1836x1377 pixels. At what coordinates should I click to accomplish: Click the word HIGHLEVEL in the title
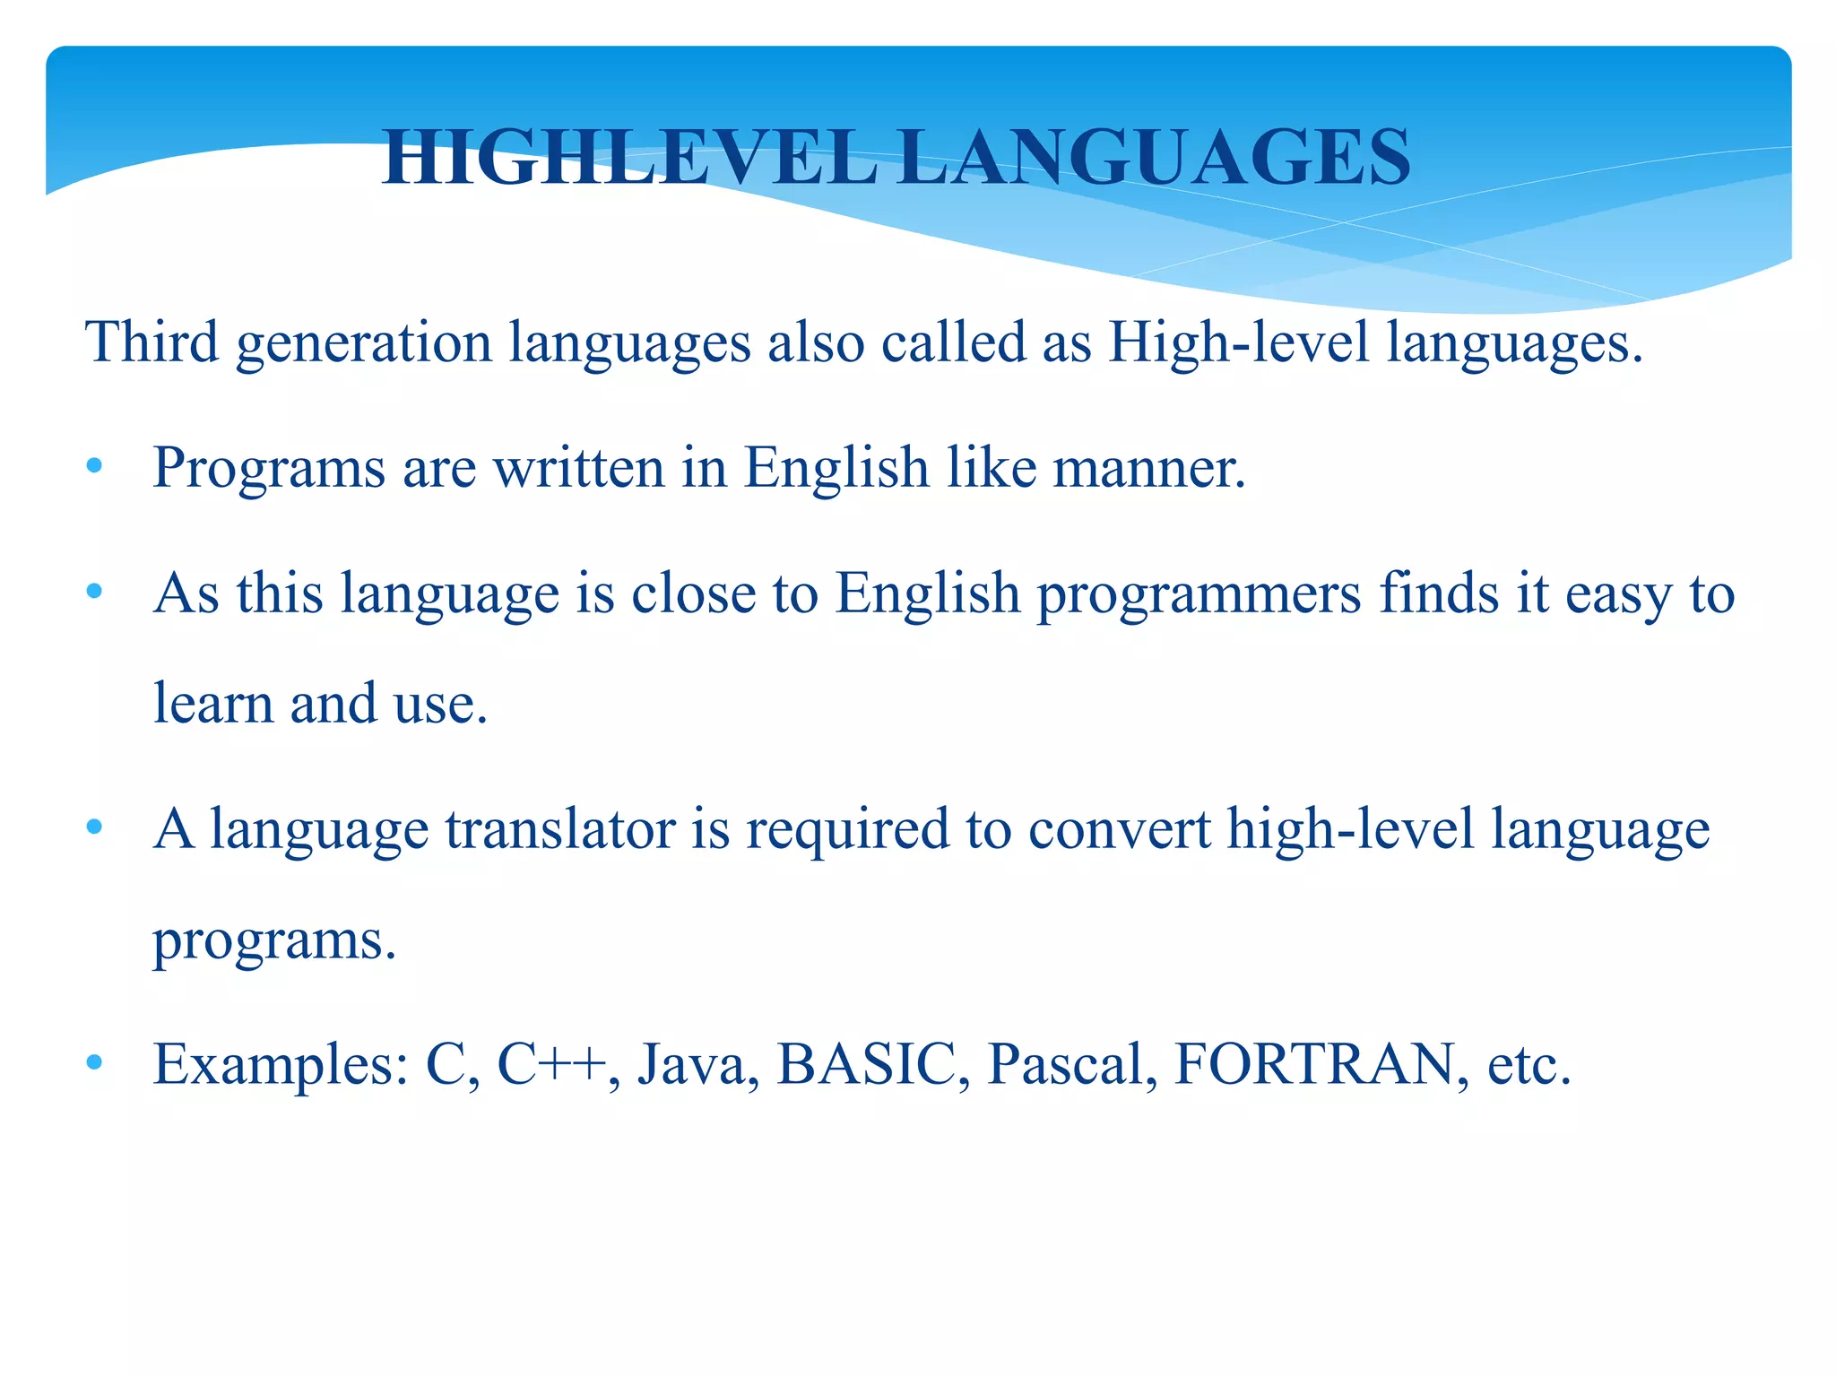[628, 159]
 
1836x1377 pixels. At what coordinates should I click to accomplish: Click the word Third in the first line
[152, 342]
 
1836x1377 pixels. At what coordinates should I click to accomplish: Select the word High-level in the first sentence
[1238, 342]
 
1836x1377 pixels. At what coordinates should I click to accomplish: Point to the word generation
[364, 344]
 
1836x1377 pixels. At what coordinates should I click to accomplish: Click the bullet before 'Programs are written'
[95, 467]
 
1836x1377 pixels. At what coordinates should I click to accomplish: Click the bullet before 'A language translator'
[95, 827]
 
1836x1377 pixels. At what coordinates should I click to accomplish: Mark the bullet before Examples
[95, 1063]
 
